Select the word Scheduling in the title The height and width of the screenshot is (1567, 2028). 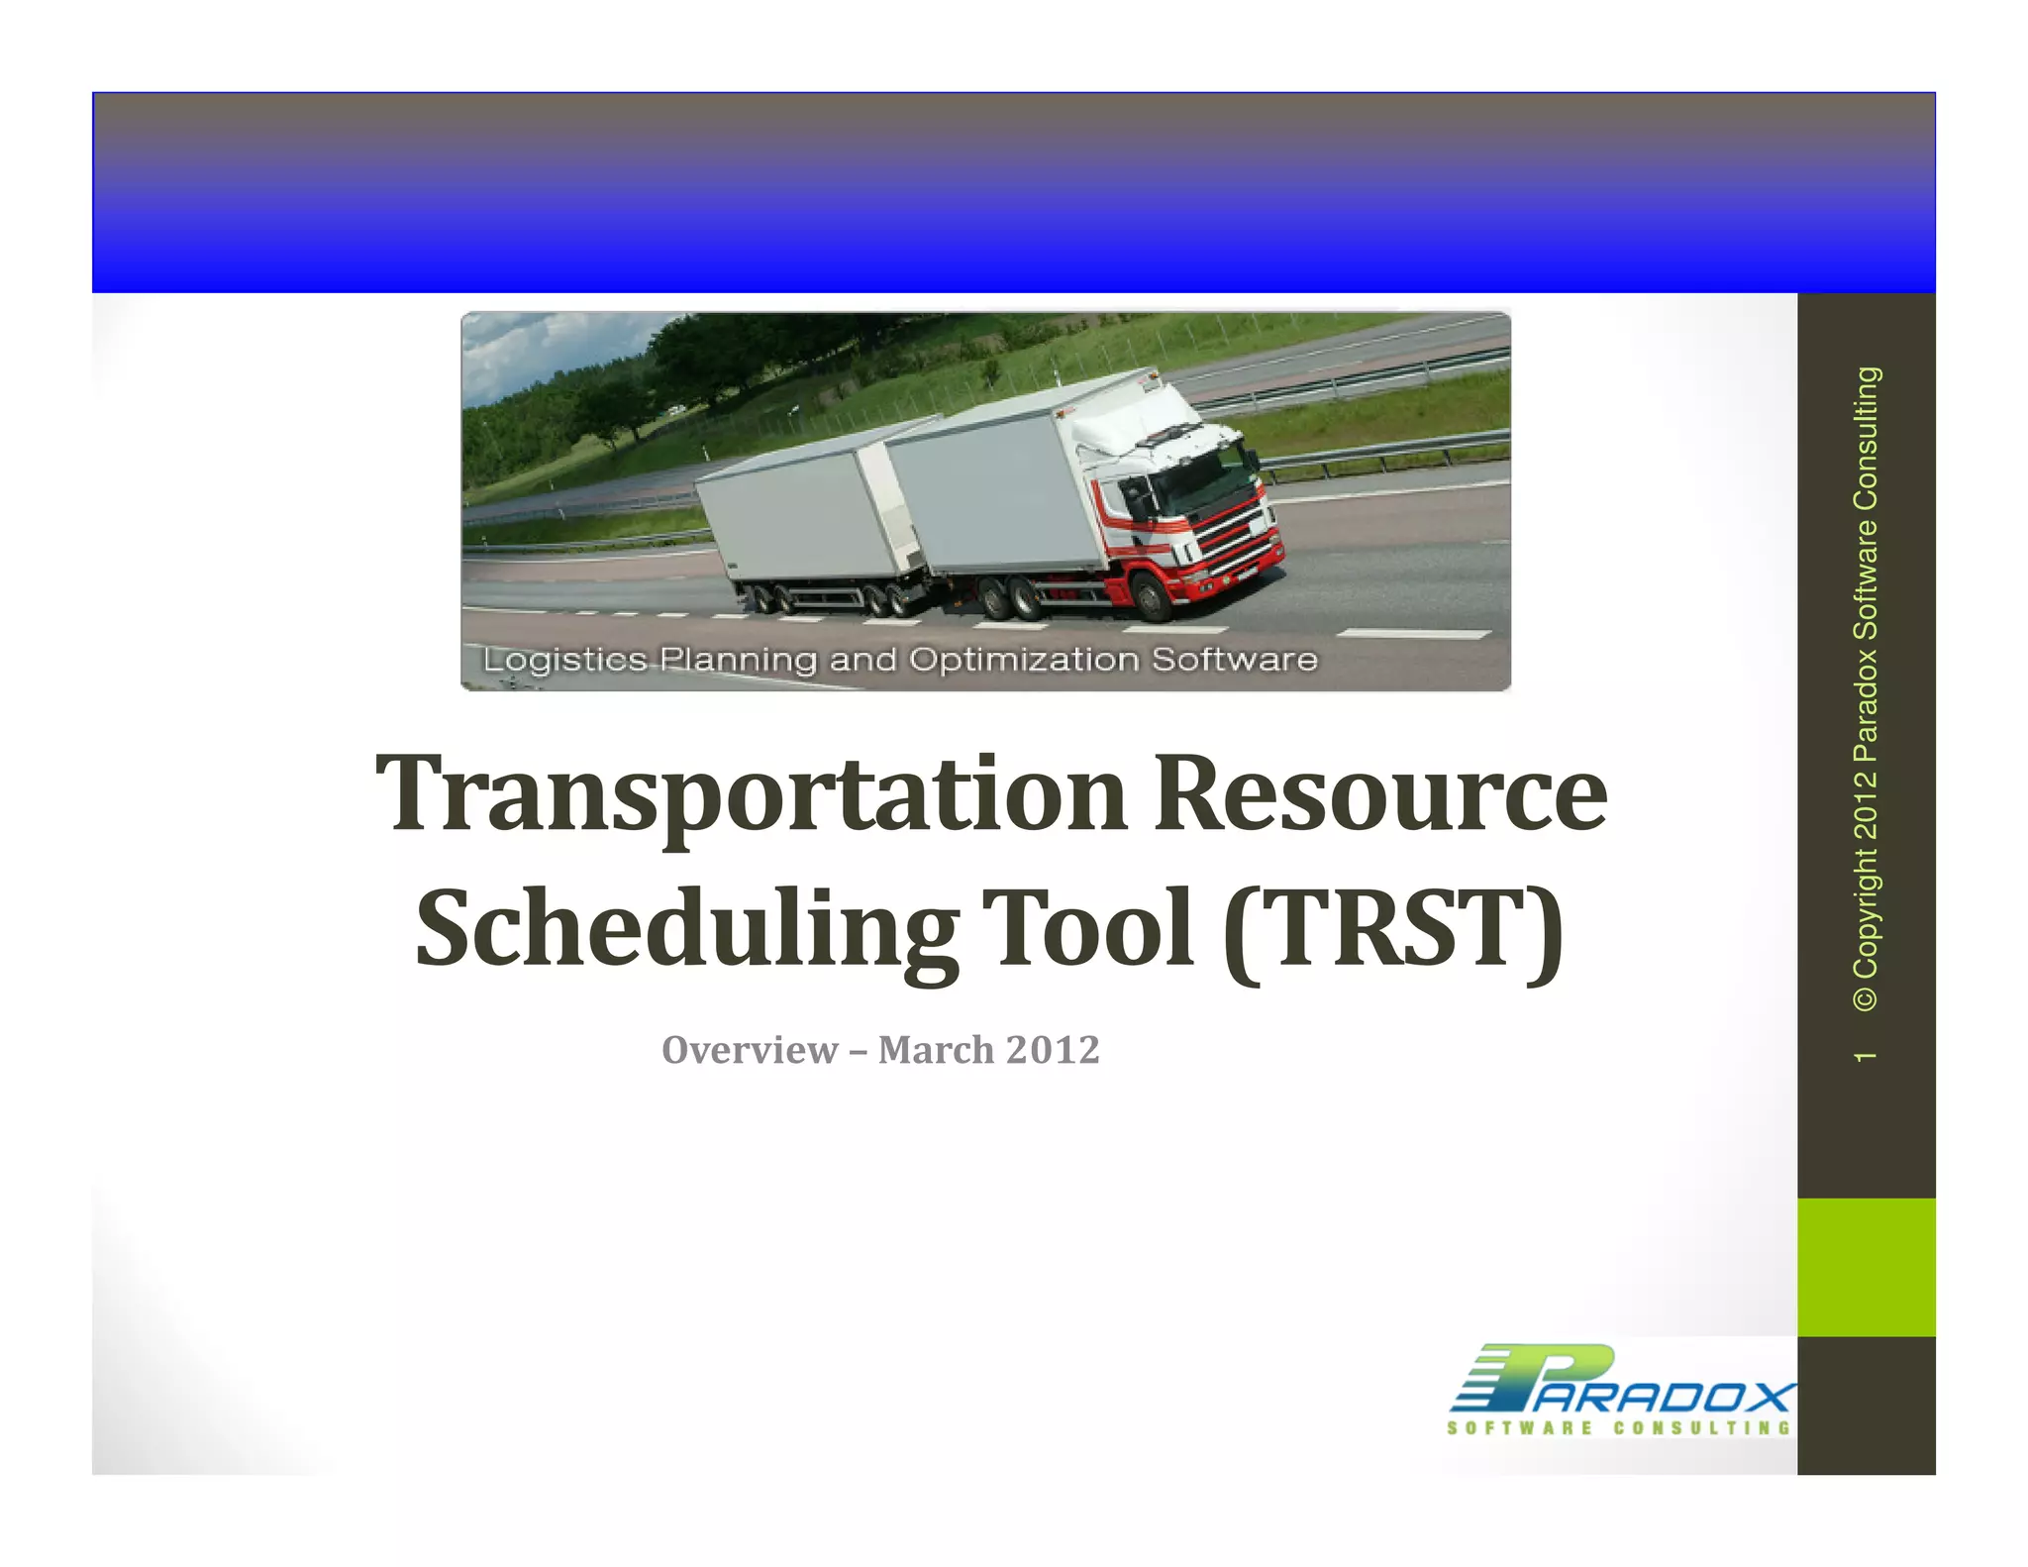[686, 929]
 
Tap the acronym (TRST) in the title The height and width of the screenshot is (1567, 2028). [1392, 929]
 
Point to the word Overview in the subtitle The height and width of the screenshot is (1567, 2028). [750, 1050]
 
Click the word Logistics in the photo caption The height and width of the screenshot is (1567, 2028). [564, 660]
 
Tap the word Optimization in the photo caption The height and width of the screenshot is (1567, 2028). [1024, 660]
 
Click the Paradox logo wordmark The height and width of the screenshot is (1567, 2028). [1624, 1381]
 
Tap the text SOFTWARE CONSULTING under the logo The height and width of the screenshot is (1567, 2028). [1619, 1428]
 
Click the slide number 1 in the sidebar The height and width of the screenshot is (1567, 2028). [1865, 1057]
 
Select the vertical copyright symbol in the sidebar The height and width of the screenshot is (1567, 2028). [1865, 996]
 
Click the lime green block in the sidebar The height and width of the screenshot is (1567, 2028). [1866, 1267]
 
